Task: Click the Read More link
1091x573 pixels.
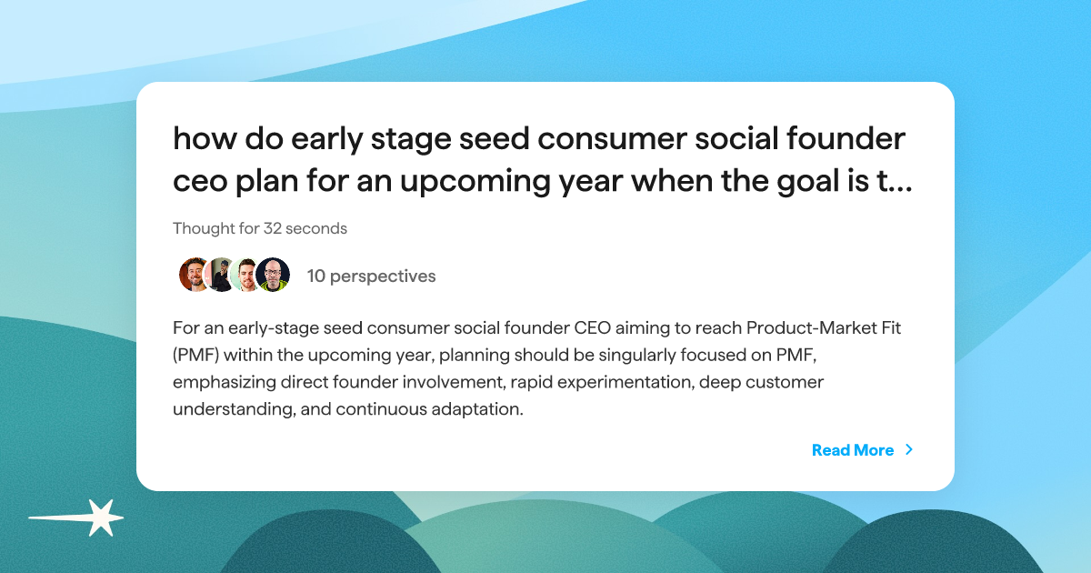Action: coord(852,450)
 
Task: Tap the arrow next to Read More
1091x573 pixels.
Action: coord(909,450)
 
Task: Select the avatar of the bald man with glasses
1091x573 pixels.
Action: coord(273,275)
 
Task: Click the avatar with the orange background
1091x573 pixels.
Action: coord(195,275)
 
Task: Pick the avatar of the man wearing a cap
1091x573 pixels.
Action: coord(221,275)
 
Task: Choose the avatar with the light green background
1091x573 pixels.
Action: coord(246,275)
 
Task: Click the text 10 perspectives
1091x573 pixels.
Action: coord(371,276)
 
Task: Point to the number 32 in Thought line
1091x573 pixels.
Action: coord(274,229)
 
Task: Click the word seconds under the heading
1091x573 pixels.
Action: coord(318,229)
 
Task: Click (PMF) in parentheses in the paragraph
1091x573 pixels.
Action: coord(195,355)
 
